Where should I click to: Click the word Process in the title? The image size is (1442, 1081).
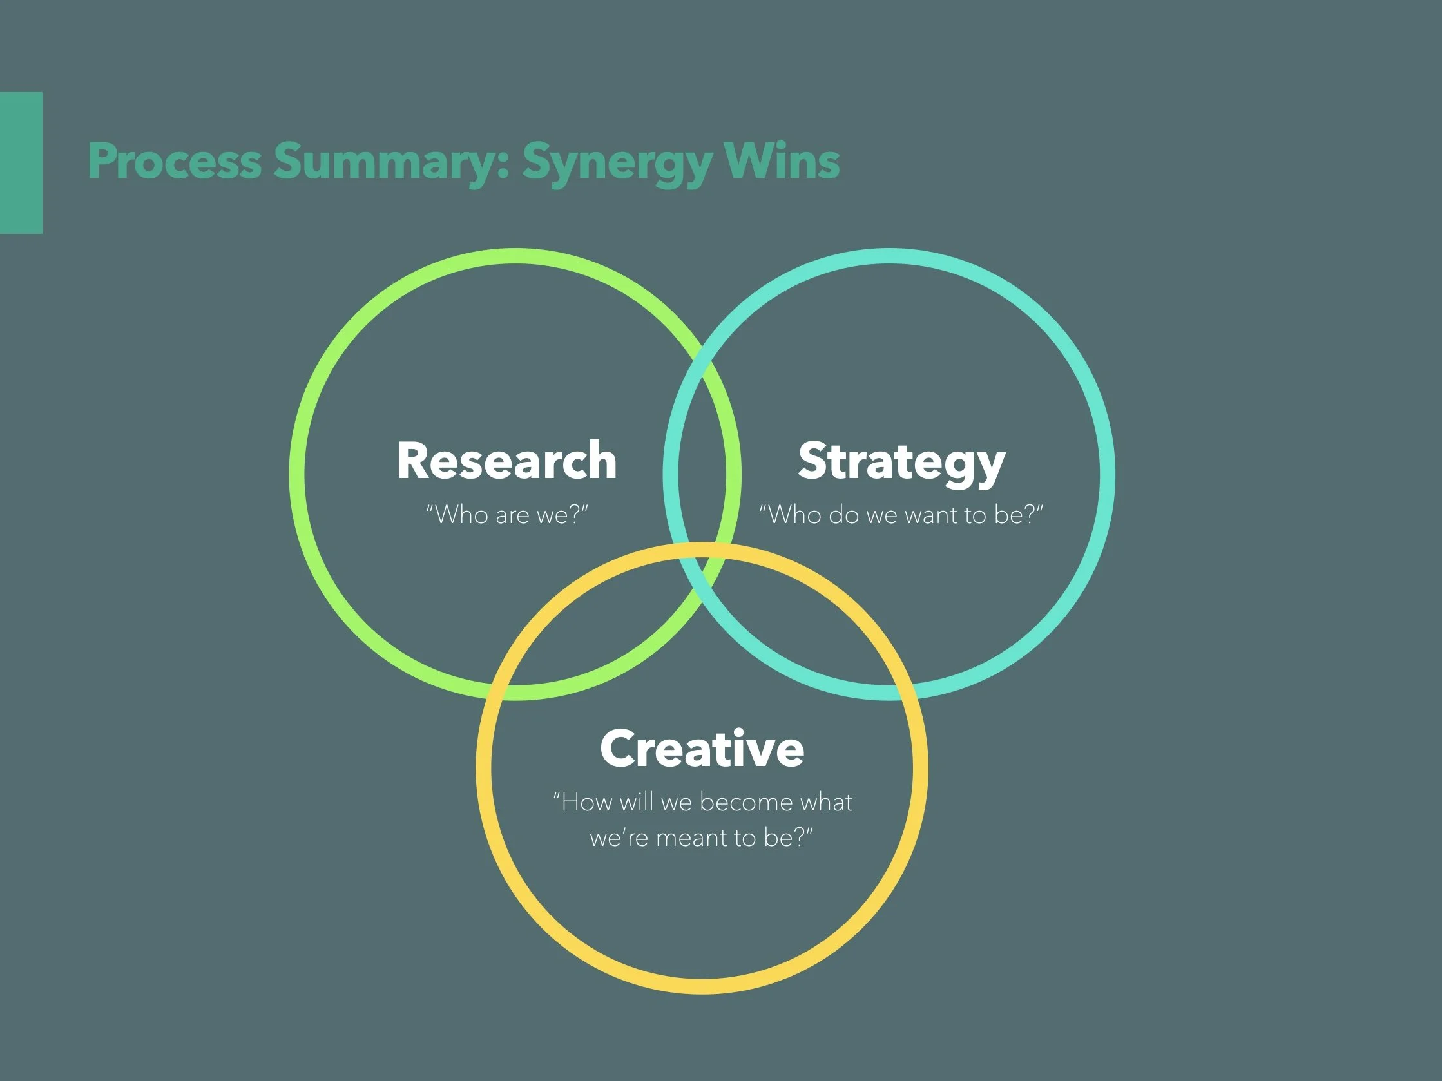(174, 161)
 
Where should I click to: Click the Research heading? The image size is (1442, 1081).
(506, 461)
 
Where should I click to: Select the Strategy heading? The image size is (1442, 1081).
(901, 462)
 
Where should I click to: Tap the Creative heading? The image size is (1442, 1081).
(702, 749)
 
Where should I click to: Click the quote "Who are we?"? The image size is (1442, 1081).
(506, 515)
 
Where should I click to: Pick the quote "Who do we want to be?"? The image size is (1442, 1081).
(901, 515)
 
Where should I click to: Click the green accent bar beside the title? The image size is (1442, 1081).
(21, 162)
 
